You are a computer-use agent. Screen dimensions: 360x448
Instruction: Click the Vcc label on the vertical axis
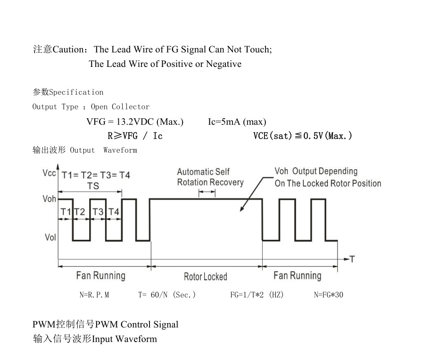[49, 173]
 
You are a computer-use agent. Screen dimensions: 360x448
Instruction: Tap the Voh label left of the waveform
[50, 199]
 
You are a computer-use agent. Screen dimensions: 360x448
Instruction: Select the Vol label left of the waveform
[50, 237]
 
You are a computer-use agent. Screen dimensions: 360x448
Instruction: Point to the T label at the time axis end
[352, 259]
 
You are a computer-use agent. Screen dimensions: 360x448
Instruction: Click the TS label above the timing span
[93, 186]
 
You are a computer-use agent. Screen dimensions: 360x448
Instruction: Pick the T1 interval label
[66, 212]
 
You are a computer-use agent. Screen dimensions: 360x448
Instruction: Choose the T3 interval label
[98, 212]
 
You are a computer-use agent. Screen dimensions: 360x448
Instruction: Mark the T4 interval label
[114, 212]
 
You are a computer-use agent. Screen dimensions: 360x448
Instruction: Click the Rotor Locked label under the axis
[205, 277]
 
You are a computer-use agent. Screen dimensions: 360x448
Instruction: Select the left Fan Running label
[101, 276]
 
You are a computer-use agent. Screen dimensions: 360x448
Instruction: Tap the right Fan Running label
[297, 276]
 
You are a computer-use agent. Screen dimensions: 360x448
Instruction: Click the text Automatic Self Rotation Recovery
[210, 177]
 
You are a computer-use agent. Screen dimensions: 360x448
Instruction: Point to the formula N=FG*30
[329, 295]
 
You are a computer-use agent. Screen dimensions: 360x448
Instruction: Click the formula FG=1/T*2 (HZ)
[257, 295]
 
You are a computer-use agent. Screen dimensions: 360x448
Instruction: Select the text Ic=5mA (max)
[237, 122]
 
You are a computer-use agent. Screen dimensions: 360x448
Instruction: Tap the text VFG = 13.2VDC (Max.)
[135, 122]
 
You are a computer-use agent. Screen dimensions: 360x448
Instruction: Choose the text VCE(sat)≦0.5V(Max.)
[303, 136]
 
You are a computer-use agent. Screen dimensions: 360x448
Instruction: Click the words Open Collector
[120, 107]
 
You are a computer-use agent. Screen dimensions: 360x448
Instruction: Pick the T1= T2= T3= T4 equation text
[96, 175]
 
